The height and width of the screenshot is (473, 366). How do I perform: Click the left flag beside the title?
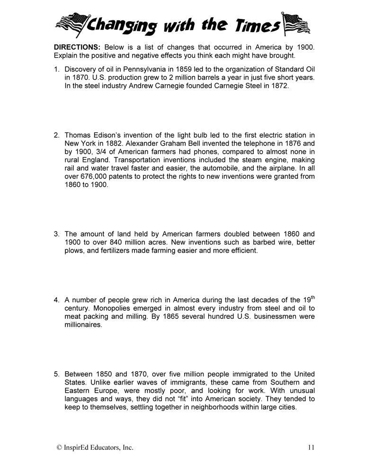[71, 21]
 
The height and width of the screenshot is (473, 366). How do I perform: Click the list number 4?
[56, 300]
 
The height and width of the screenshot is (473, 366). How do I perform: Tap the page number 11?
[310, 447]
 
